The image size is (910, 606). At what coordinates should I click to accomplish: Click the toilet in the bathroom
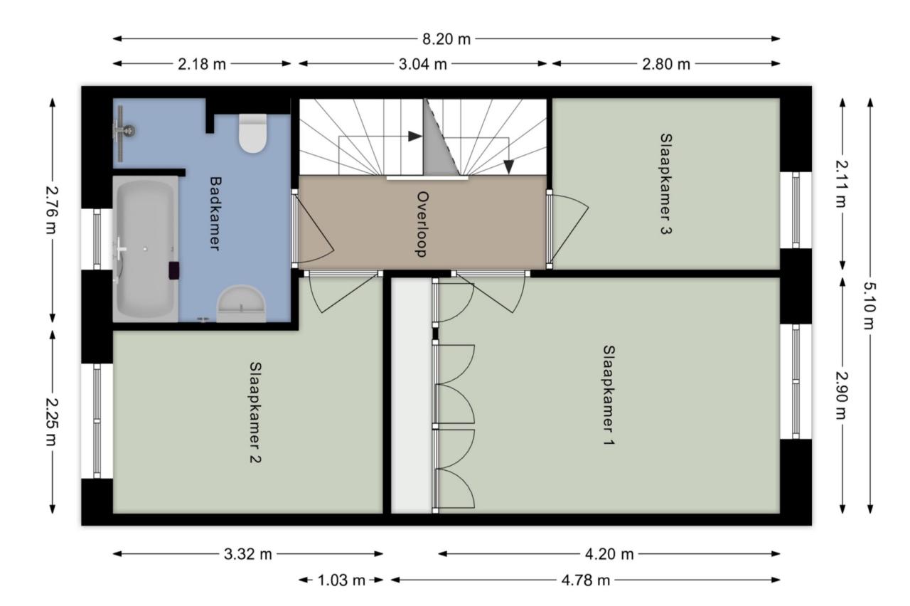coord(252,133)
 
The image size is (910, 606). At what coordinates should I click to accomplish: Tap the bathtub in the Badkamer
coord(146,250)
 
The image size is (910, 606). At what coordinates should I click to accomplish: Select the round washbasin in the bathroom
coord(241,304)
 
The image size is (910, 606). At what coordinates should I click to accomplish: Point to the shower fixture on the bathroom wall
coord(123,130)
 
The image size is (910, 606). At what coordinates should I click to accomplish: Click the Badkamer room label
coord(215,213)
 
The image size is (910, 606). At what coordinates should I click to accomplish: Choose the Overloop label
coord(422,224)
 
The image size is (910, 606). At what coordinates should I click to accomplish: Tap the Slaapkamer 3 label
coord(666,184)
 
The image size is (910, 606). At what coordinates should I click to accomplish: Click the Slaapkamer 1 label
coord(609,395)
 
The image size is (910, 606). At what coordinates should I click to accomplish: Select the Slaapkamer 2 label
coord(255,413)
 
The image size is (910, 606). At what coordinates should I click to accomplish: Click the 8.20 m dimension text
coord(446,39)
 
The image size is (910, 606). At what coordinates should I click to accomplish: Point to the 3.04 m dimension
coord(422,64)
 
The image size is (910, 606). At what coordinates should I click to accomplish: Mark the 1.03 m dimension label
coord(341,580)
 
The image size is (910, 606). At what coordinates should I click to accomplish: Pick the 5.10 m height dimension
coord(869,306)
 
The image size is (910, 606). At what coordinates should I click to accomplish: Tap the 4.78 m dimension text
coord(586,580)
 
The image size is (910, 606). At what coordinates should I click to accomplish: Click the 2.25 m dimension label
coord(52,422)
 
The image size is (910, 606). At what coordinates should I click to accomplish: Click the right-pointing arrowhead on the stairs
coord(414,136)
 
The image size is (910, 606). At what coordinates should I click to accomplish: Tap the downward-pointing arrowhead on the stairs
coord(508,166)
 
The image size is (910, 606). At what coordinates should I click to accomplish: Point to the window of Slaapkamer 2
coord(97,420)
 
